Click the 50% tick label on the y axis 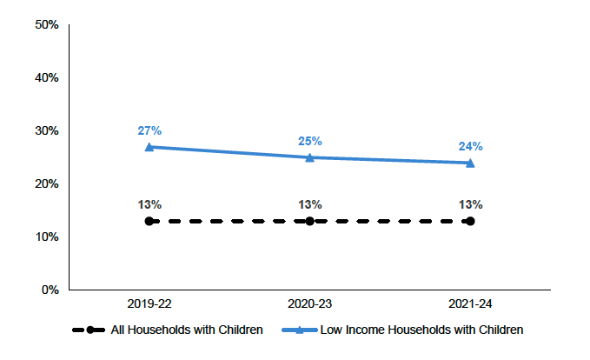click(x=47, y=24)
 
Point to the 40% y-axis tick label click(x=47, y=77)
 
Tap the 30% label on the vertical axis click(x=47, y=130)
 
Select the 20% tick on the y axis click(x=47, y=183)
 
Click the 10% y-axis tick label click(x=47, y=237)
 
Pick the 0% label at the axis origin click(x=50, y=290)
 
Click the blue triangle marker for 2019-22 click(x=149, y=147)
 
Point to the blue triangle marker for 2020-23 click(x=309, y=157)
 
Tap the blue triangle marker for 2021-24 click(x=470, y=163)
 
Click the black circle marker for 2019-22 click(x=149, y=221)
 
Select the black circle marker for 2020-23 click(x=309, y=221)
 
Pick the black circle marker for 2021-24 click(x=470, y=221)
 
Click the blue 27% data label click(x=149, y=130)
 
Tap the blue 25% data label click(x=309, y=141)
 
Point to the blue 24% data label click(x=470, y=146)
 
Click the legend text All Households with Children click(x=186, y=330)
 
